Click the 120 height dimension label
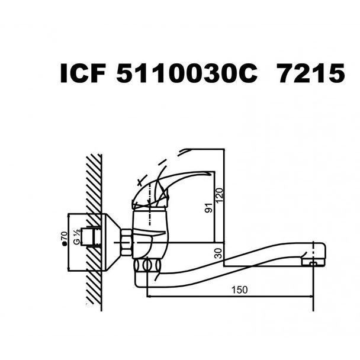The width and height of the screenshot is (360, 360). (x=219, y=195)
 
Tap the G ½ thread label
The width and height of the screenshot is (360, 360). (x=76, y=239)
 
